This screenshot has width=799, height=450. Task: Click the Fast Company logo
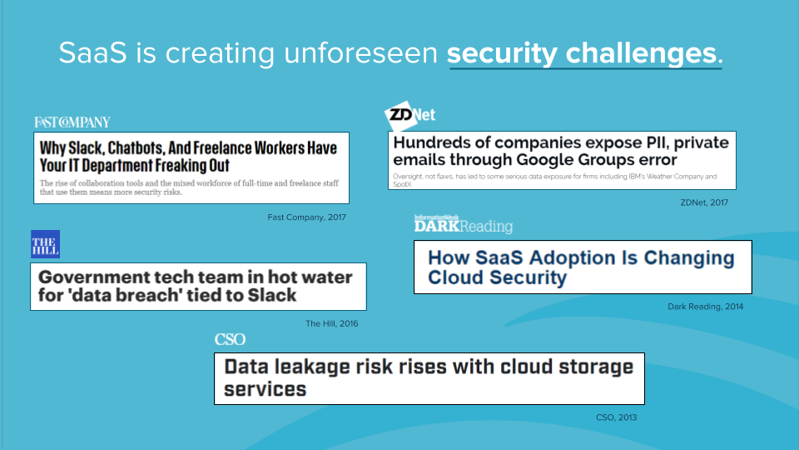pos(72,122)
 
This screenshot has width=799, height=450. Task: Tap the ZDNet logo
pos(410,115)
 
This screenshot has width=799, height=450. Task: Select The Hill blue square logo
pos(45,244)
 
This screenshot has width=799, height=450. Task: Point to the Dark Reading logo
pos(464,224)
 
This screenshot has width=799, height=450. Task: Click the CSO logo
pos(230,339)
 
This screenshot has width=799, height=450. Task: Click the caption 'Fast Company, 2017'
pos(307,217)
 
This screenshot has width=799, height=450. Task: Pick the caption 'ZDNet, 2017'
pos(704,202)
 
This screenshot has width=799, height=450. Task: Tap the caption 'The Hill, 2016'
pos(332,323)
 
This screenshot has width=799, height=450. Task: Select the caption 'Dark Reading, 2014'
pos(705,307)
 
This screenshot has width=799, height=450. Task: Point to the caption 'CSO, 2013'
pos(617,417)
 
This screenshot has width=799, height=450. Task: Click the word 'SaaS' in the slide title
pos(92,52)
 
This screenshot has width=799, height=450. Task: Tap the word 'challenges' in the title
pos(641,53)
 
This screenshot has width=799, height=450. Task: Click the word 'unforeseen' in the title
pos(360,53)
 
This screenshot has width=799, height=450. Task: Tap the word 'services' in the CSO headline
pos(265,389)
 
